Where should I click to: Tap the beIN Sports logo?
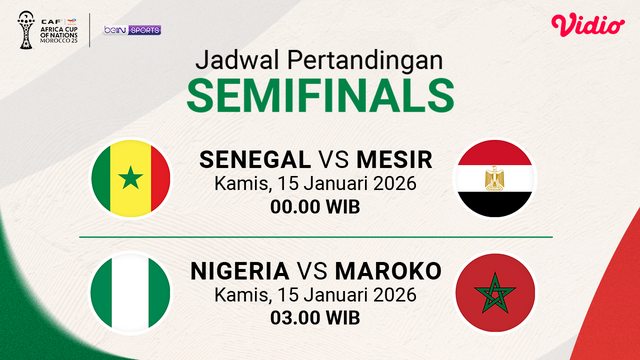click(132, 30)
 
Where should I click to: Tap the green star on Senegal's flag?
click(129, 181)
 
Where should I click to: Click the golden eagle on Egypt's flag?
click(494, 180)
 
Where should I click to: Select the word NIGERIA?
click(240, 272)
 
